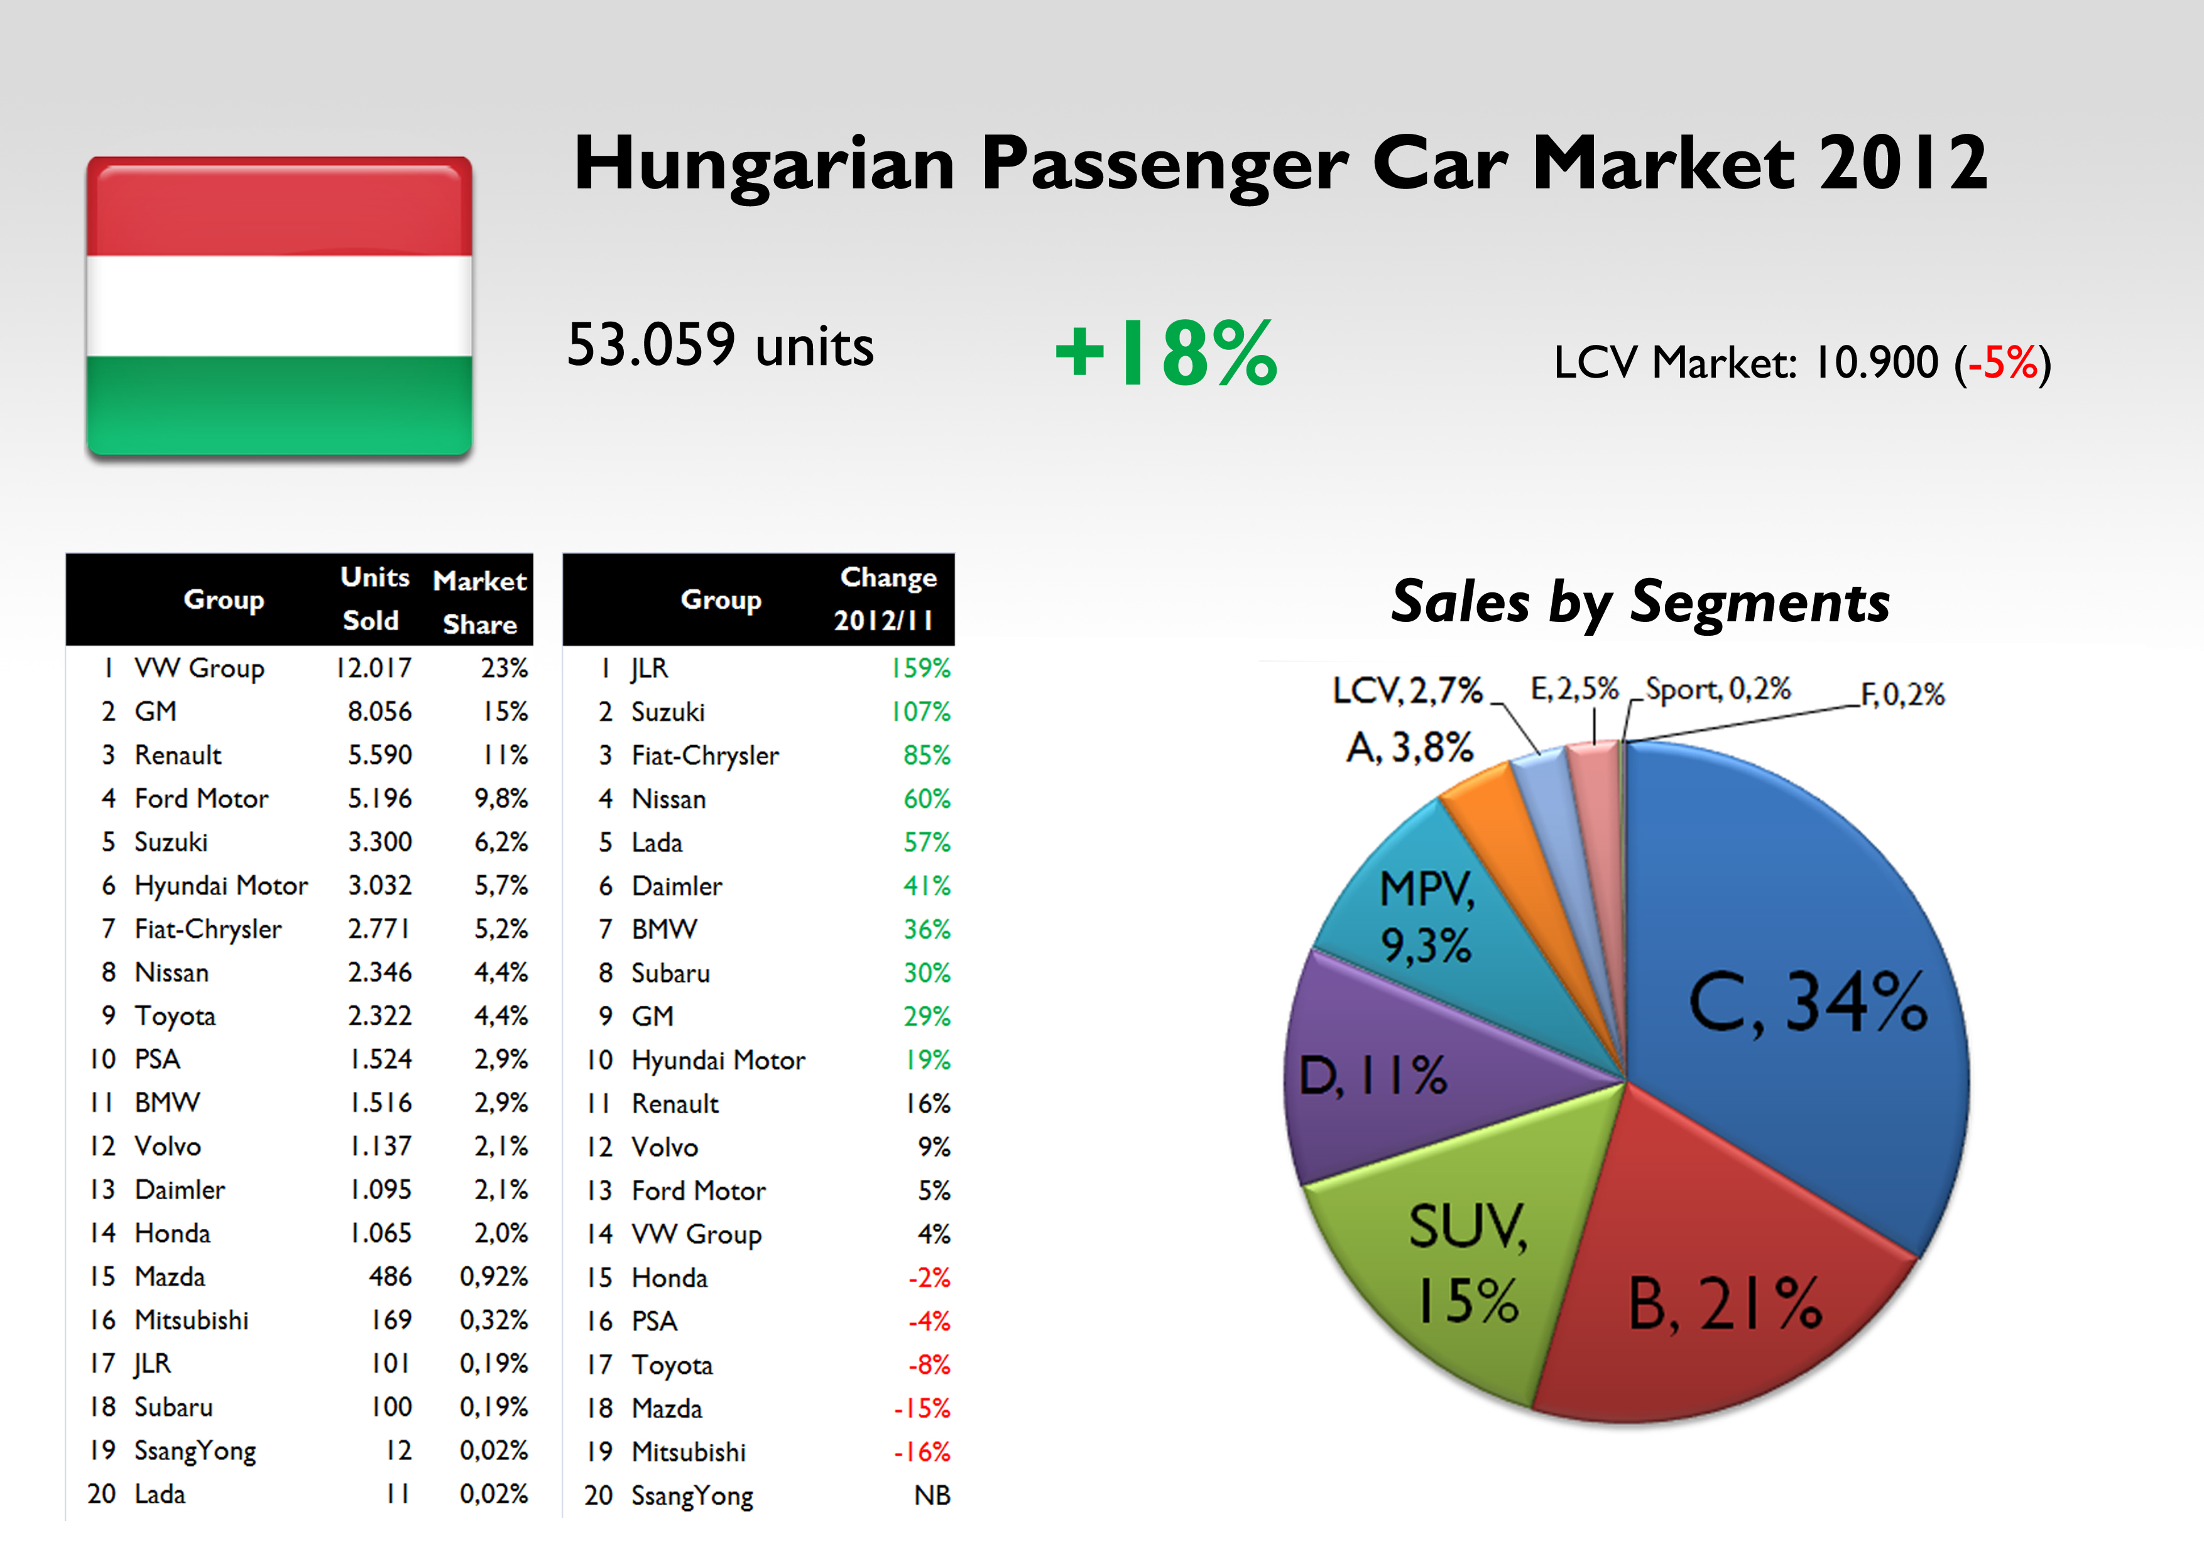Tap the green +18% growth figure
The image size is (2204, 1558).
click(x=1166, y=353)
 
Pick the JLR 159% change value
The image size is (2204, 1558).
click(x=920, y=668)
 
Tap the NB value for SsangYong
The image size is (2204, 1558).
click(x=931, y=1496)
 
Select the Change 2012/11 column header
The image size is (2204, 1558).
click(x=886, y=599)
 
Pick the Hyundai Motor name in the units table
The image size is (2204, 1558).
click(x=221, y=885)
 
